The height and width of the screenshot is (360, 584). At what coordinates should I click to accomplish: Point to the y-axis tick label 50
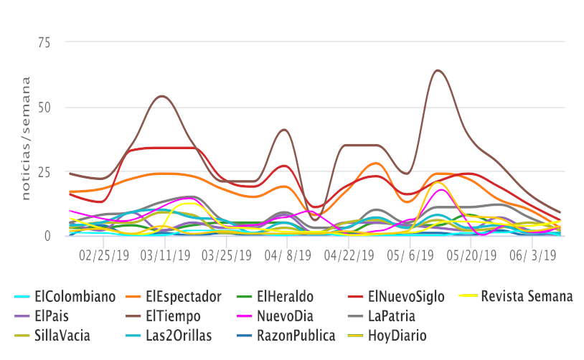tap(44, 108)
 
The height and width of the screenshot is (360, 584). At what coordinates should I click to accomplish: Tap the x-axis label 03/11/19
tap(166, 255)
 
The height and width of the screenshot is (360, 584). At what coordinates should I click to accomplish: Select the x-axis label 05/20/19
tap(470, 255)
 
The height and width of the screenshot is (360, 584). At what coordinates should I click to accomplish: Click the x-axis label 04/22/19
tap(348, 255)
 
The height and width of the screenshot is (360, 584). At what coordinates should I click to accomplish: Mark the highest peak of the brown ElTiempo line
tap(438, 70)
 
